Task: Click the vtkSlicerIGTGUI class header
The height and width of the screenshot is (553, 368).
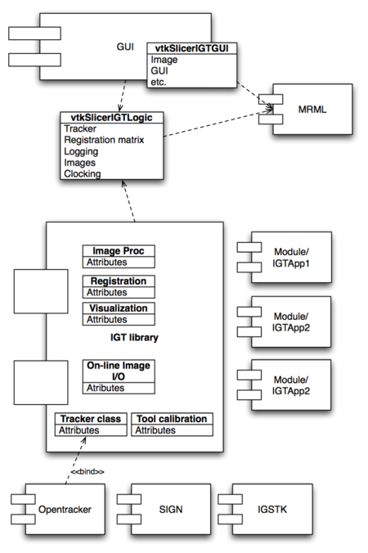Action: point(191,49)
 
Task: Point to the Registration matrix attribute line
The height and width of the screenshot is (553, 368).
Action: point(103,140)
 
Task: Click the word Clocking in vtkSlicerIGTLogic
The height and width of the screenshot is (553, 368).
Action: point(82,173)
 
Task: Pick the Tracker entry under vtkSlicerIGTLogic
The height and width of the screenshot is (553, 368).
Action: point(79,129)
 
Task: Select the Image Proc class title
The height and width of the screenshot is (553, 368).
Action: point(118,251)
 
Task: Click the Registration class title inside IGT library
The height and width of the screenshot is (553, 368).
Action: point(118,281)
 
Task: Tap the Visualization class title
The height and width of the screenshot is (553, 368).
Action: point(118,308)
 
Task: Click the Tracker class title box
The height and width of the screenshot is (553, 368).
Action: point(89,419)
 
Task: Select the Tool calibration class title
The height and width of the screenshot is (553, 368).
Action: point(171,419)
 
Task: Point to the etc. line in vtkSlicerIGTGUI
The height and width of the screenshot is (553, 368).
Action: point(160,82)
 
